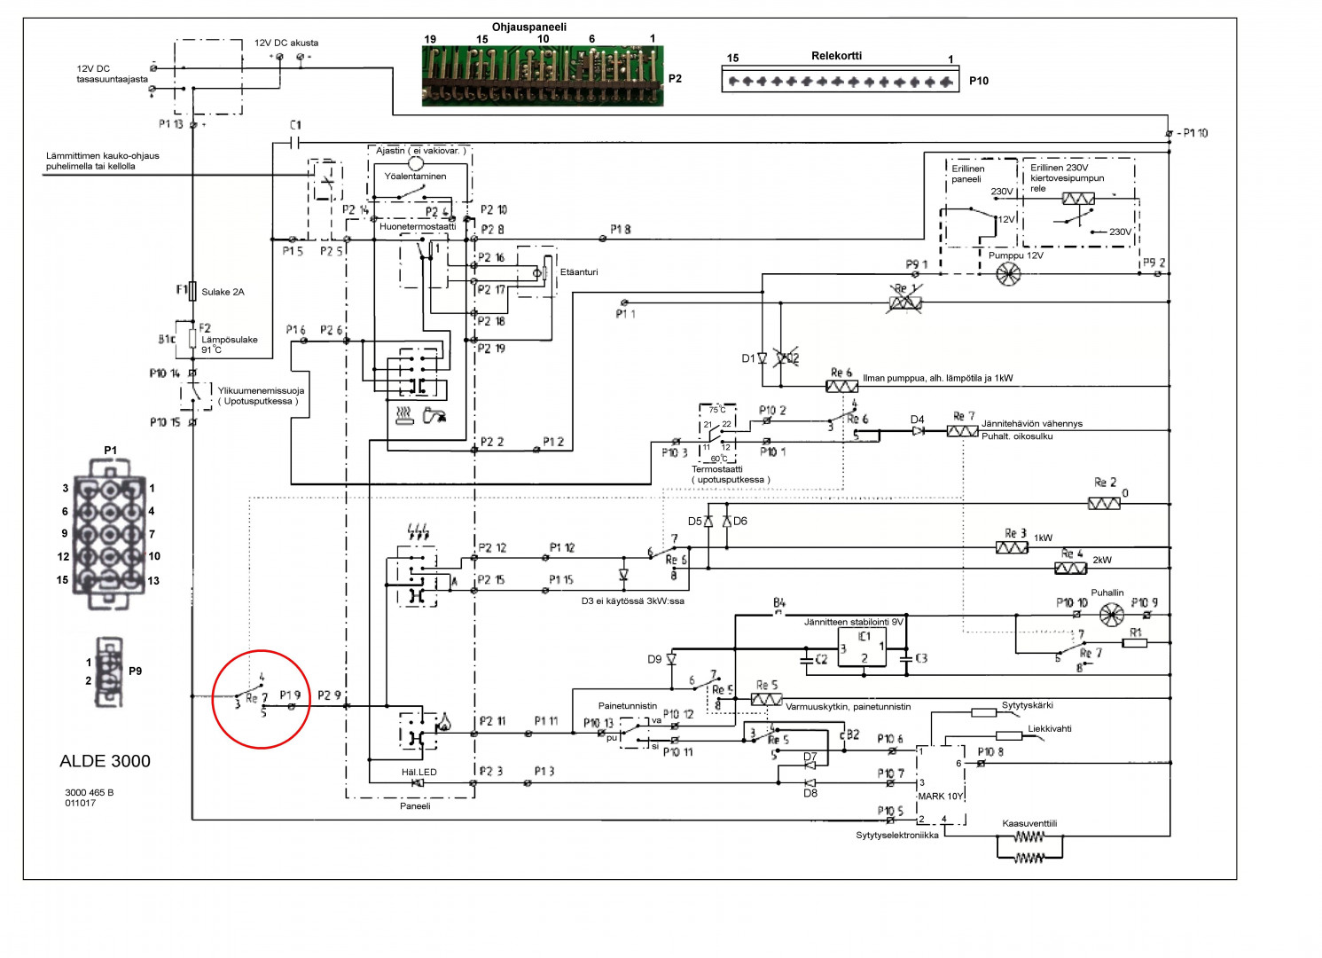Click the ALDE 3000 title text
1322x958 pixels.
105,761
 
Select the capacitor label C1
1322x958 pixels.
295,126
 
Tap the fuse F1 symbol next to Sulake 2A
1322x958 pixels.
192,291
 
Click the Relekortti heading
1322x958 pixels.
836,56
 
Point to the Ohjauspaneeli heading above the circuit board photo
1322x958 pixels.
529,27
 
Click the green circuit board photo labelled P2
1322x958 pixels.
542,76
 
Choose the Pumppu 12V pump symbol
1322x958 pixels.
1008,275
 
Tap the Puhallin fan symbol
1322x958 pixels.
1111,615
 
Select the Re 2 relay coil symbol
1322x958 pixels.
1104,504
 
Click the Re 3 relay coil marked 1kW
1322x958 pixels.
1012,547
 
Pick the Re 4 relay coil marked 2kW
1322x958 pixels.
1070,568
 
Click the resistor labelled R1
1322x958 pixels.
1135,643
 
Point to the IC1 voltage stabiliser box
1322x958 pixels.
864,648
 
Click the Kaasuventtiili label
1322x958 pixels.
1029,824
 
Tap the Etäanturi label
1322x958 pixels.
579,272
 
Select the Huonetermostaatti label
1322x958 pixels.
418,227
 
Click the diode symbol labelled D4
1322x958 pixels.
918,431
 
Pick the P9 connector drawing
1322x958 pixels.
109,671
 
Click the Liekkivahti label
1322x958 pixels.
1050,729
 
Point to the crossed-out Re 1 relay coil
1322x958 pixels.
905,302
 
